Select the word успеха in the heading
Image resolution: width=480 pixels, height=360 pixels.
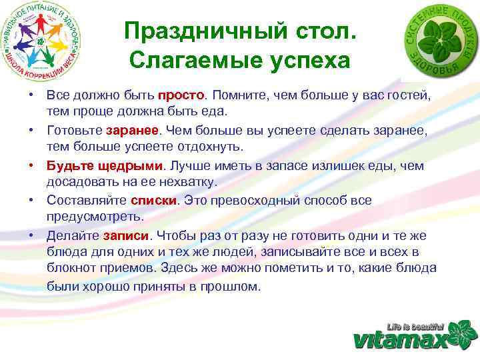[305, 61]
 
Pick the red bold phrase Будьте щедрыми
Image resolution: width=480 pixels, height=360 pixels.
[105, 165]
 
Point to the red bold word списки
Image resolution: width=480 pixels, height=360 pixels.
[153, 200]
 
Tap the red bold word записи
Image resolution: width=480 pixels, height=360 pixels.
[127, 236]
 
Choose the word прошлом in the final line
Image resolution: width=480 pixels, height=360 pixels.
[235, 286]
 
